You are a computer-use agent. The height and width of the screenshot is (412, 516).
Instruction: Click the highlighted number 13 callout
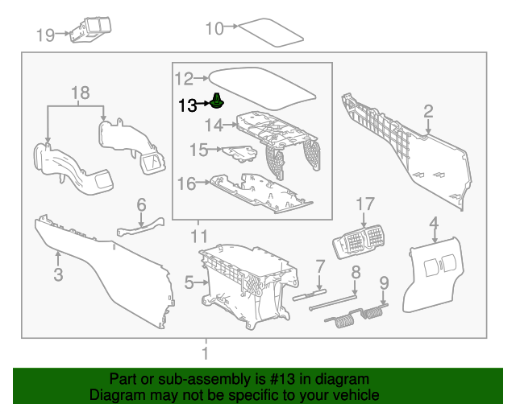pos(187,105)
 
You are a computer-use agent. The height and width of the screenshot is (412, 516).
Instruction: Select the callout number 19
pos(44,35)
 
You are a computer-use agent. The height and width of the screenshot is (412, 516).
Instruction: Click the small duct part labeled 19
pos(90,28)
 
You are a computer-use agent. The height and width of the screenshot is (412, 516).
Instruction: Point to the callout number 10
pos(214,29)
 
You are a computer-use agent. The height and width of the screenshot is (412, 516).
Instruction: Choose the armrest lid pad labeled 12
pos(262,84)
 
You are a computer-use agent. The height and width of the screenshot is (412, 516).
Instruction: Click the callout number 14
pos(213,126)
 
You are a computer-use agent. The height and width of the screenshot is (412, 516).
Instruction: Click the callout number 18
pos(79,93)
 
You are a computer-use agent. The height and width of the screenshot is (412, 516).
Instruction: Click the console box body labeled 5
pos(242,282)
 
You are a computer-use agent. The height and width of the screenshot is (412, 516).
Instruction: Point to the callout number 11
pos(198,237)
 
